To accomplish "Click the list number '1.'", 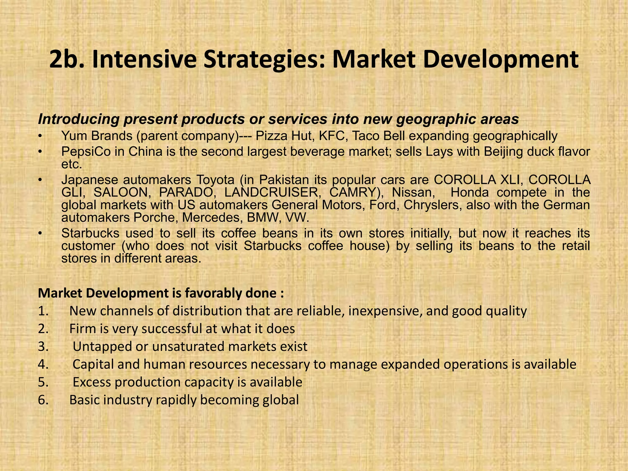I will click(43, 311).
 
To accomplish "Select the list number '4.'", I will click(43, 365).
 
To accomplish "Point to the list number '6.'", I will click(43, 400).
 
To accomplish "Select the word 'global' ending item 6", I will click(281, 400).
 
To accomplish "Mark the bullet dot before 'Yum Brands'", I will click(40, 136).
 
